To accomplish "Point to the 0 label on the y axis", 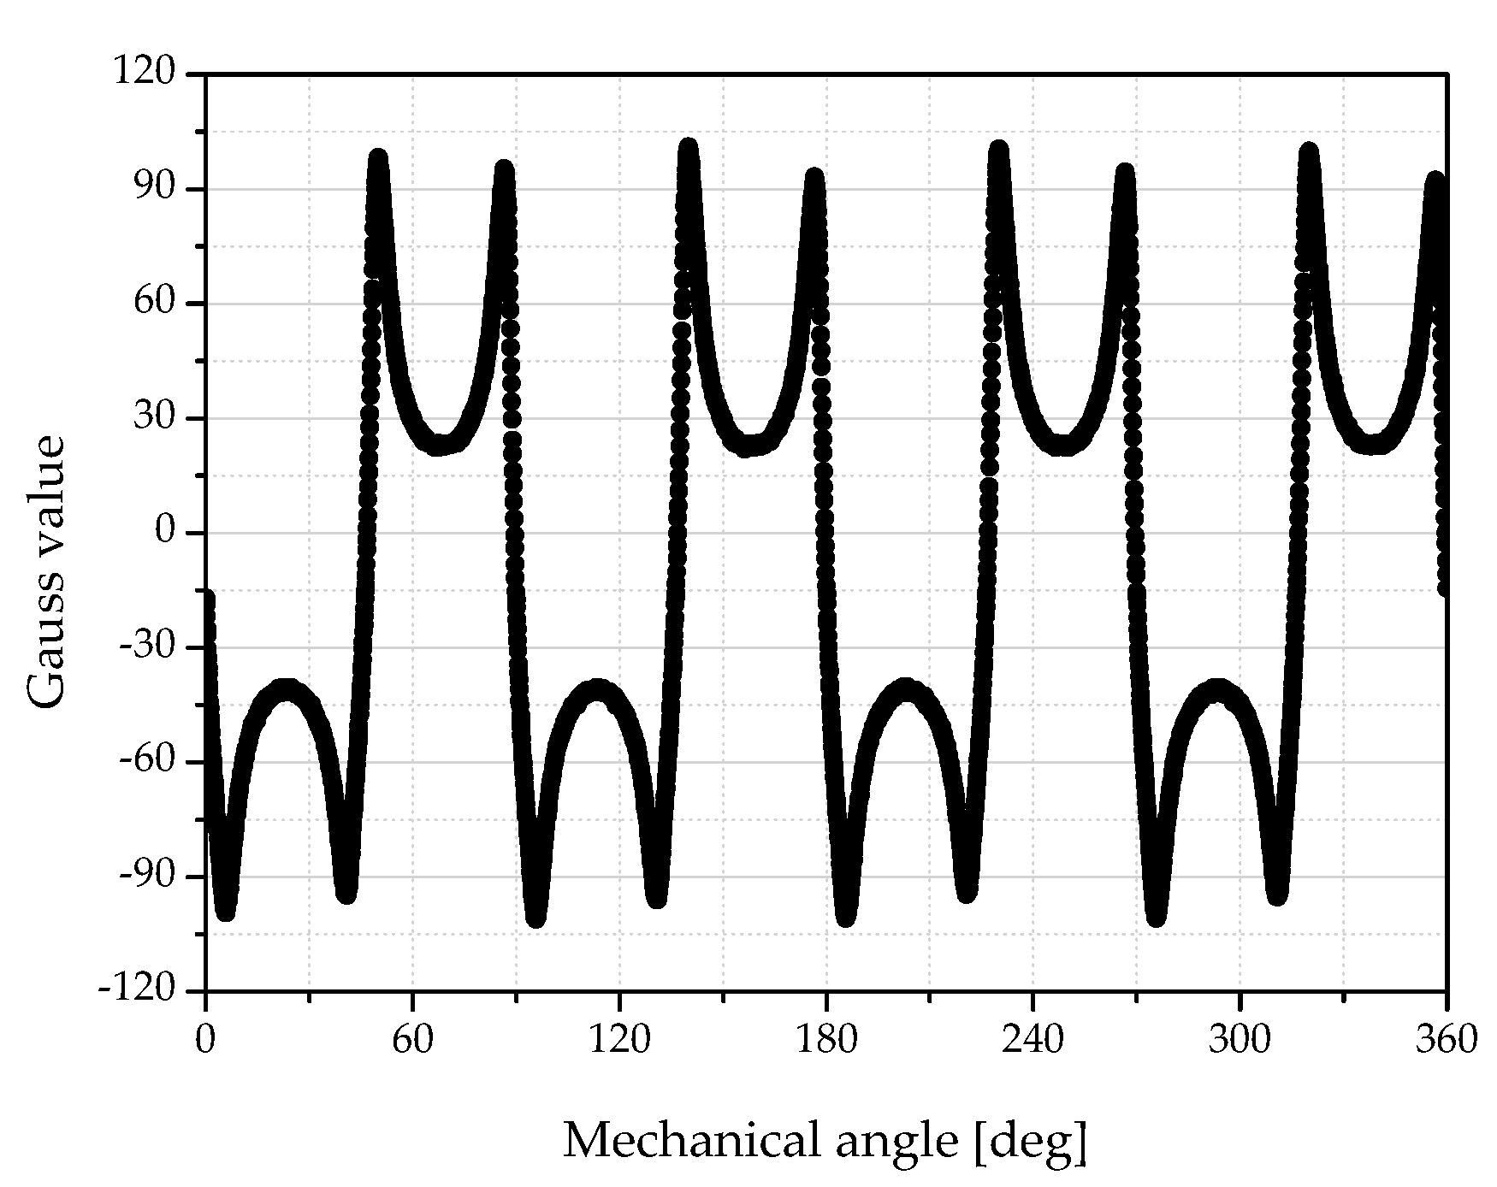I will pos(165,532).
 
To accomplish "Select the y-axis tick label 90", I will pos(157,188).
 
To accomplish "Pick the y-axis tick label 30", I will pos(157,418).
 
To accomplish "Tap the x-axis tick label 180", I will pos(825,1040).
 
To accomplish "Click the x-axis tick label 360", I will pos(1446,1040).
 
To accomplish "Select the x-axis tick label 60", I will pos(412,1040).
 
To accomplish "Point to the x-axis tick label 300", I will pos(1240,1040).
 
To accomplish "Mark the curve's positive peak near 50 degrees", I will pos(378,159).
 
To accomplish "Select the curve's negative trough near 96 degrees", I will pos(536,917).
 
